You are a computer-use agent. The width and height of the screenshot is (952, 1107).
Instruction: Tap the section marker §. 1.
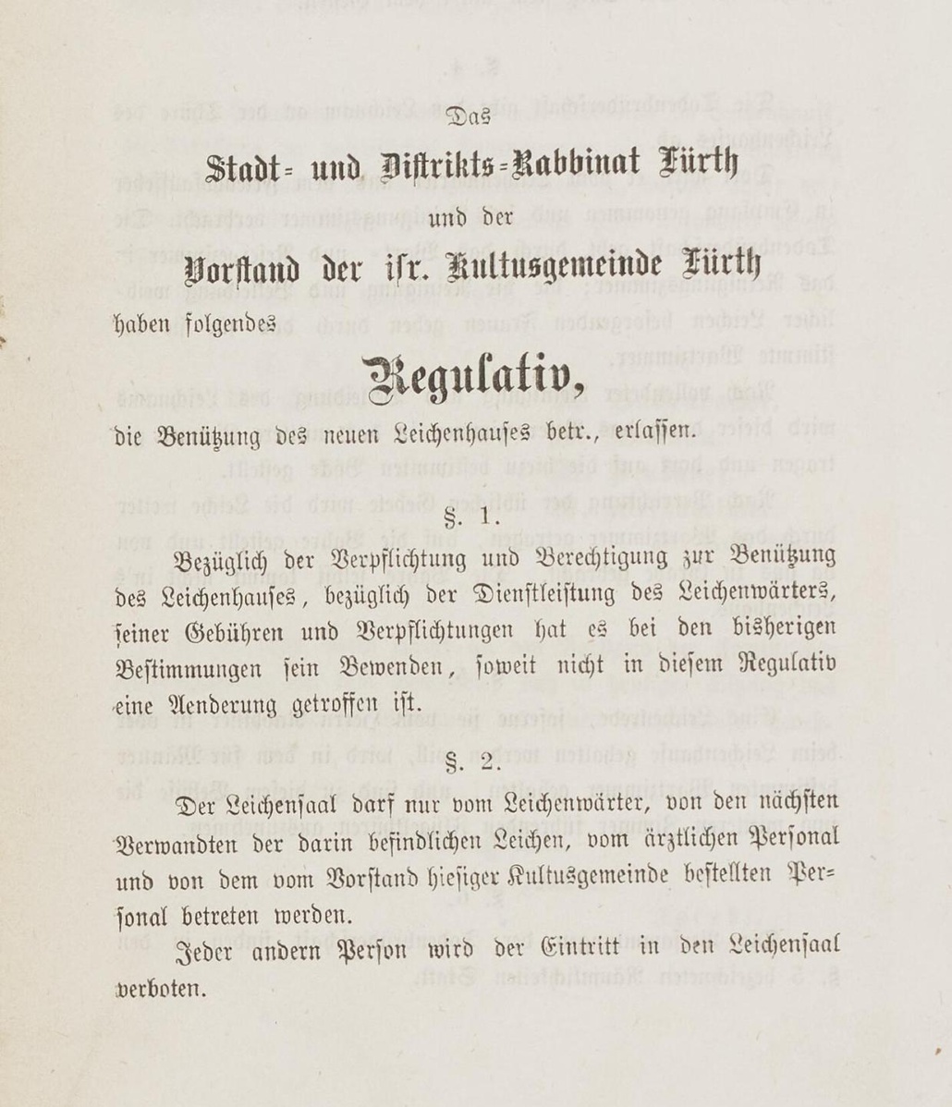[473, 519]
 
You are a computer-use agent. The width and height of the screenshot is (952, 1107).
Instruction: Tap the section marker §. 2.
[473, 764]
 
